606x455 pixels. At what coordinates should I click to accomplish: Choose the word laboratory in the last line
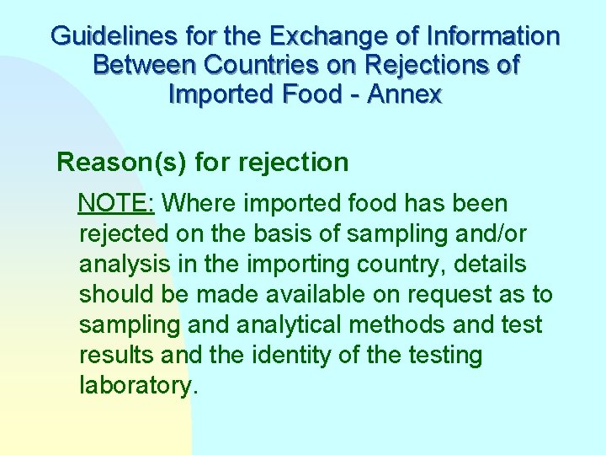[x=136, y=386]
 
